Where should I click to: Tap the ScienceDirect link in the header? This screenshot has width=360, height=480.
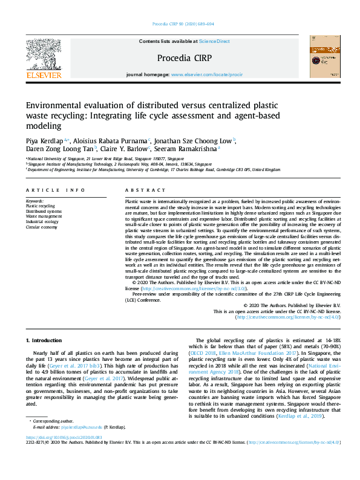click(x=215, y=41)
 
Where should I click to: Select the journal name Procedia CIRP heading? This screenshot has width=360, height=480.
click(x=180, y=58)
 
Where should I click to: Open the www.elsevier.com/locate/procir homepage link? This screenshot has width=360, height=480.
click(x=203, y=74)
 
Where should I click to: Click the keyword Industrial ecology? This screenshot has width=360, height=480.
click(x=42, y=222)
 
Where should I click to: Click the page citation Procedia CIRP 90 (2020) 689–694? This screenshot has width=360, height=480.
click(x=180, y=25)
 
